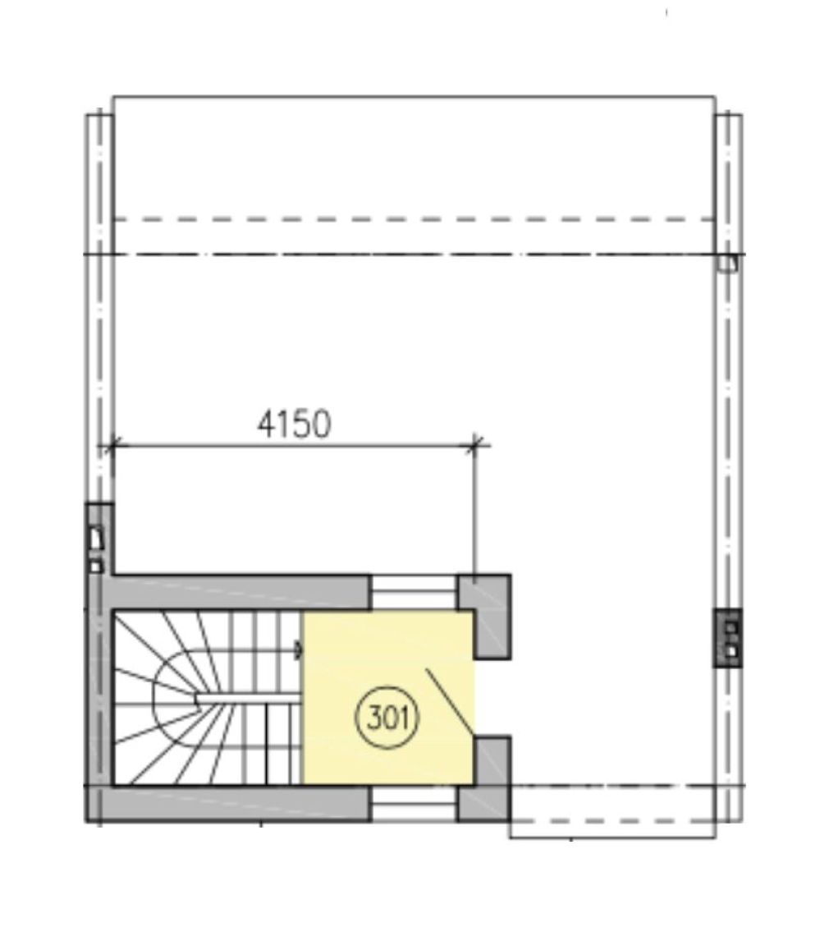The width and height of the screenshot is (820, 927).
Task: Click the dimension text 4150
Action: point(295,424)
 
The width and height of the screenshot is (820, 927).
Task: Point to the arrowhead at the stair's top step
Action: point(299,650)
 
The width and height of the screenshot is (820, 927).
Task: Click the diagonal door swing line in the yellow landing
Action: point(450,703)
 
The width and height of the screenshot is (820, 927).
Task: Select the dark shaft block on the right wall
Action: point(728,638)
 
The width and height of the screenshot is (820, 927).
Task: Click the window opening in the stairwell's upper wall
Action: point(414,591)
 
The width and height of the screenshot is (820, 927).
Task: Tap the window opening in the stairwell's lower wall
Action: point(414,803)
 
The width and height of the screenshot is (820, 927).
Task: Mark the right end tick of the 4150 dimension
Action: point(474,444)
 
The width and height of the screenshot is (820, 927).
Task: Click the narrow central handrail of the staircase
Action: point(249,699)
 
